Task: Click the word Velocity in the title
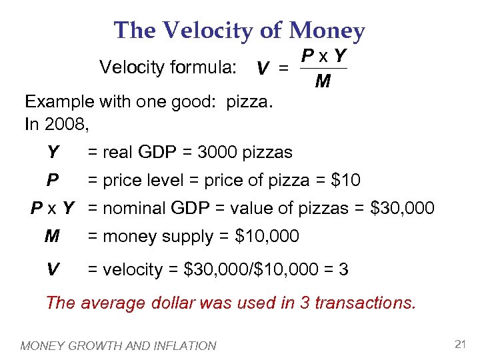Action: pyautogui.click(x=213, y=31)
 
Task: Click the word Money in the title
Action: pyautogui.click(x=327, y=31)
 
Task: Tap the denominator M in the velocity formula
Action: pyautogui.click(x=323, y=82)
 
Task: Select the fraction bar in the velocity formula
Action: pyautogui.click(x=323, y=68)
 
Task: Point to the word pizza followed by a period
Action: pyautogui.click(x=252, y=103)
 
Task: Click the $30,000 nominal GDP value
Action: pyautogui.click(x=402, y=208)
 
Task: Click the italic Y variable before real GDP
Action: pyautogui.click(x=52, y=153)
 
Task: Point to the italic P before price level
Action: pyautogui.click(x=51, y=180)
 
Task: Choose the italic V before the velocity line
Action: pyautogui.click(x=52, y=269)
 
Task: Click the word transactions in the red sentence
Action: pyautogui.click(x=365, y=303)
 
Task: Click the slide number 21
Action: pyautogui.click(x=458, y=344)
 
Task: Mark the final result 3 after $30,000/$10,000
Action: pyautogui.click(x=343, y=269)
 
